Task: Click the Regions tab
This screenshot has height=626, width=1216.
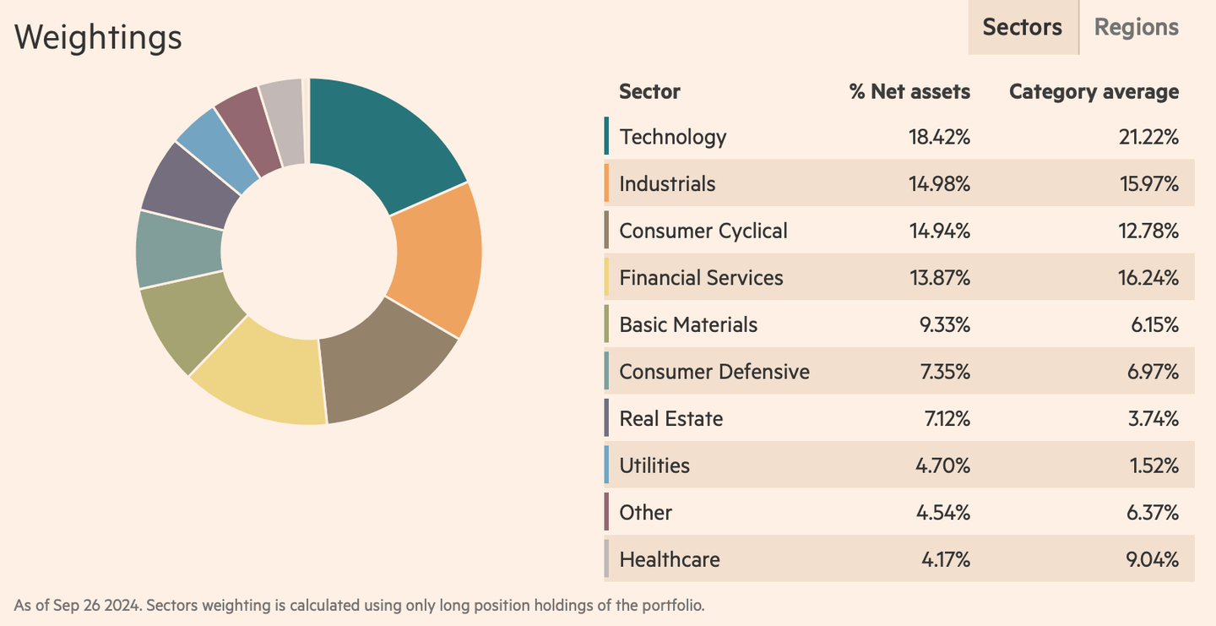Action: (1136, 27)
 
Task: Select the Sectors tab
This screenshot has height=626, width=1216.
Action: (1022, 27)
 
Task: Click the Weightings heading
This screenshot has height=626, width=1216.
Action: (98, 37)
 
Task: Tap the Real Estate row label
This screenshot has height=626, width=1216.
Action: (670, 419)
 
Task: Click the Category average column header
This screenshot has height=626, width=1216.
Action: (1094, 91)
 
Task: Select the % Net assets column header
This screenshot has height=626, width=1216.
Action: (909, 91)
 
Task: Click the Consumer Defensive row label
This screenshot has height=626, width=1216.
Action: (714, 372)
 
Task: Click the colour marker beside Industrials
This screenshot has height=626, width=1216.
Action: (606, 183)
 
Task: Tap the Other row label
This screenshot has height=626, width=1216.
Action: (645, 513)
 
